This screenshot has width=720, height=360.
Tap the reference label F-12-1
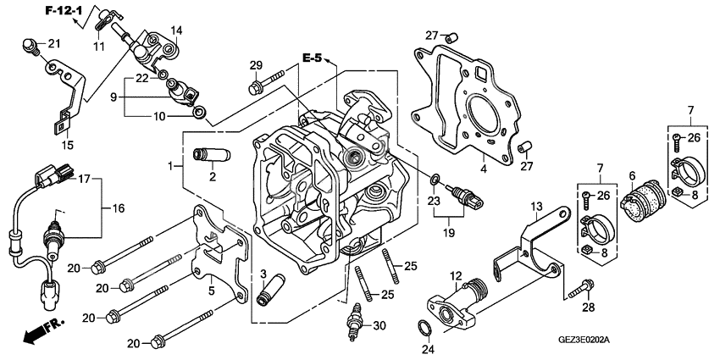click(64, 10)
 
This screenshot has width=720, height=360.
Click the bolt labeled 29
click(264, 85)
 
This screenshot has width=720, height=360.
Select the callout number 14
click(176, 30)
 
